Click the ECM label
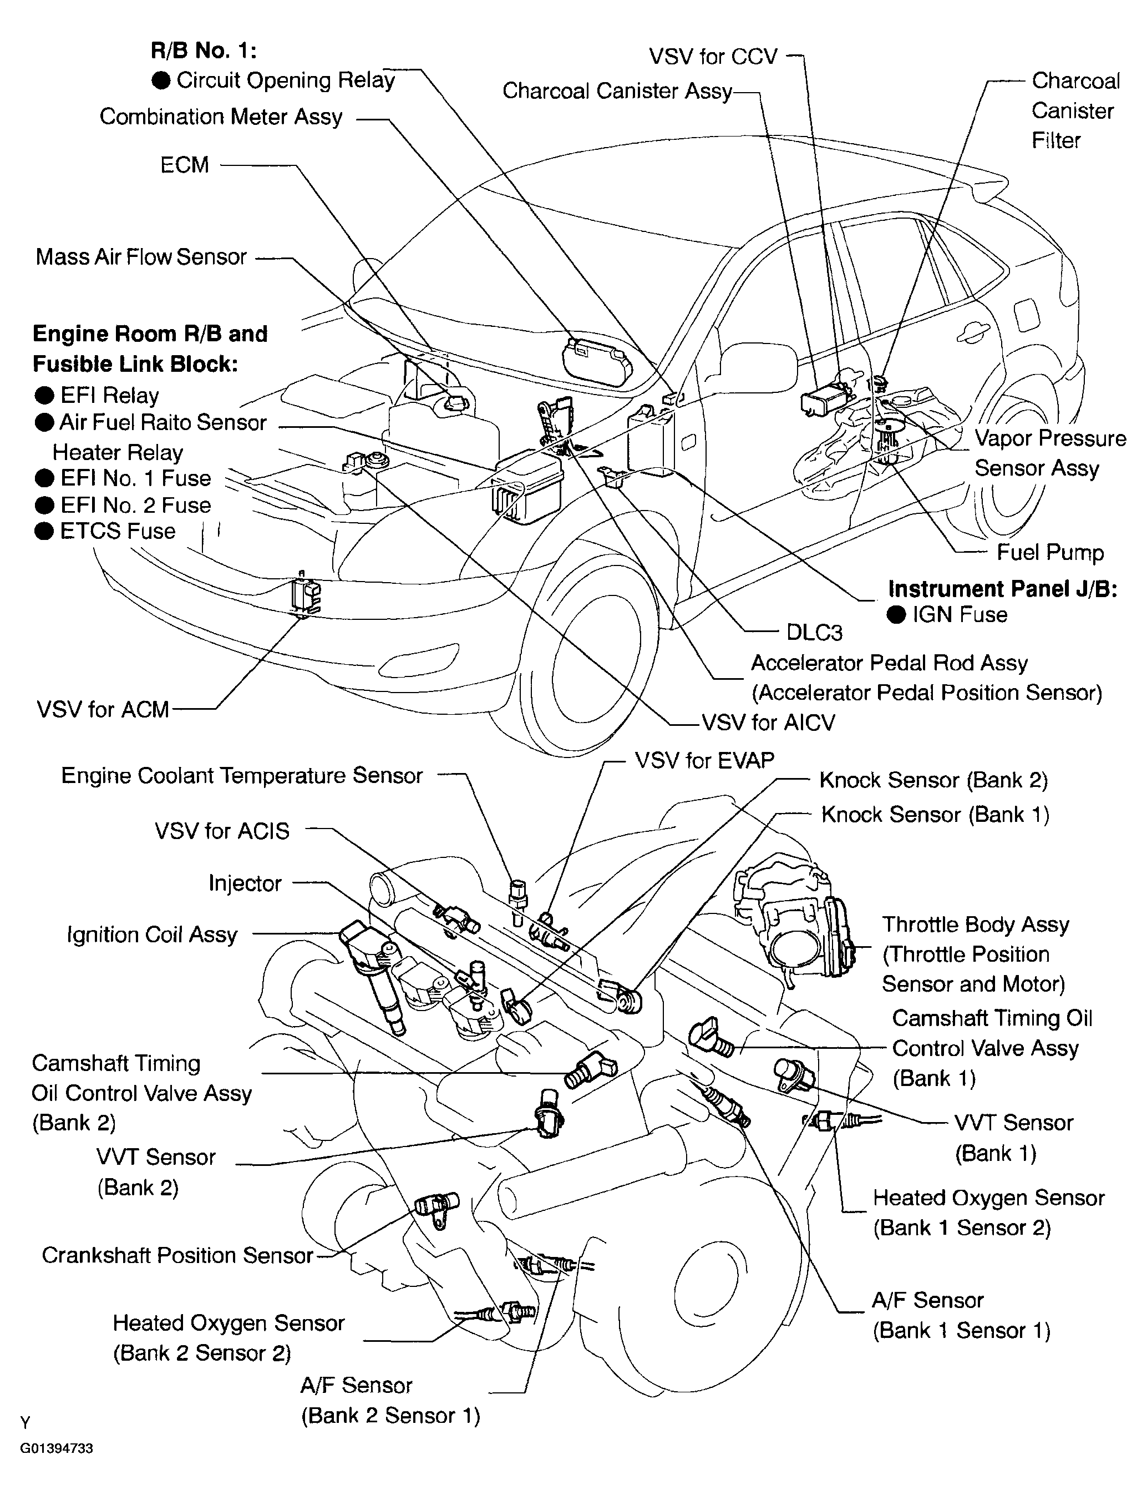point(184,165)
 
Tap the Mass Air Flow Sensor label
point(141,257)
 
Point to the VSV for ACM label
point(103,710)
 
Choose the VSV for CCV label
point(713,56)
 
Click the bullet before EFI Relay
point(44,396)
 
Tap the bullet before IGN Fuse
point(896,615)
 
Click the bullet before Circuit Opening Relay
point(161,80)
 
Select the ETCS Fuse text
point(118,531)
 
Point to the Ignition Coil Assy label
point(151,935)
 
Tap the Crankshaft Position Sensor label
point(177,1255)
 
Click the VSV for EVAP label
point(704,760)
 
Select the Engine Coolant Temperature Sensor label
point(242,775)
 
